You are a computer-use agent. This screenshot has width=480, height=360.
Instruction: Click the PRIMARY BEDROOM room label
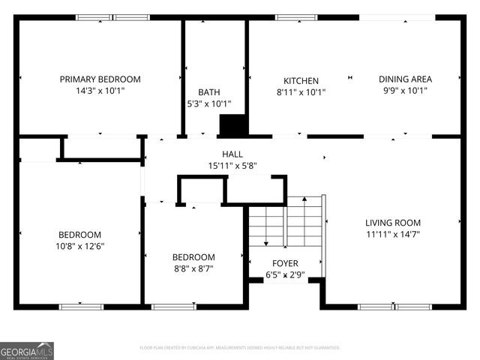100,79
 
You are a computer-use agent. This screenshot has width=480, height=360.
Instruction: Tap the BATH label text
208,92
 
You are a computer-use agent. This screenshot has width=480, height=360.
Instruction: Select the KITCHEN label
301,81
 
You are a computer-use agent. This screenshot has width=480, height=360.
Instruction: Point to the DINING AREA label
405,79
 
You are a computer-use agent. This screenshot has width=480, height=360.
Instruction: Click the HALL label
232,154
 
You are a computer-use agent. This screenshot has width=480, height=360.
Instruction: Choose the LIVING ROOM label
392,223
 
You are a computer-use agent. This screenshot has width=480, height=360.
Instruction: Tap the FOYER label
285,263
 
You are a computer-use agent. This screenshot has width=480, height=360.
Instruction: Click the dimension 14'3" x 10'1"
100,91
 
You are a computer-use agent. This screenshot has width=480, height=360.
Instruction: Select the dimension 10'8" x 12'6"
79,247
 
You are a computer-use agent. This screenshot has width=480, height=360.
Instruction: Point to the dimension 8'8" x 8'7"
193,268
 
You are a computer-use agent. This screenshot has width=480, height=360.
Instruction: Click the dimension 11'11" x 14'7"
392,235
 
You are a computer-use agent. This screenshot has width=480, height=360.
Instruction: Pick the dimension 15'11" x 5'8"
232,166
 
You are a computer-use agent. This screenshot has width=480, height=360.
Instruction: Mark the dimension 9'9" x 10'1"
405,91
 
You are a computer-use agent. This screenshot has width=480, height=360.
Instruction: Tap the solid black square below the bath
233,125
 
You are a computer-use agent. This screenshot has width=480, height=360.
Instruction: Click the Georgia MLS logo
27,350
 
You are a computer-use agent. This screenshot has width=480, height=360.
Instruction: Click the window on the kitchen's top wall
296,17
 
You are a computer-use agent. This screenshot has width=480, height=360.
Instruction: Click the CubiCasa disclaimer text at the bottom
240,348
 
